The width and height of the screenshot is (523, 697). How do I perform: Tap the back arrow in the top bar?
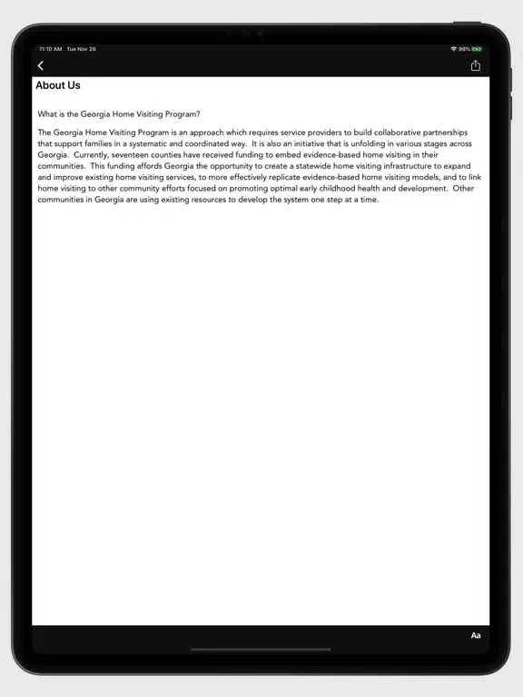click(41, 65)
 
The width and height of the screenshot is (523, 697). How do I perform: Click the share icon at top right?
click(475, 65)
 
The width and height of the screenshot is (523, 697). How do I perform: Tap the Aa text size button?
click(476, 635)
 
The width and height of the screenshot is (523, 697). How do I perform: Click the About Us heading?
click(58, 86)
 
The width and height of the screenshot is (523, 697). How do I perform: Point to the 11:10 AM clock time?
click(50, 49)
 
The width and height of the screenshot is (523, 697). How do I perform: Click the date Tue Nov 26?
click(81, 49)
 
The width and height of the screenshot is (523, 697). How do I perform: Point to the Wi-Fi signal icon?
click(453, 49)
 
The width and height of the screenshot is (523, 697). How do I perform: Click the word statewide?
click(317, 166)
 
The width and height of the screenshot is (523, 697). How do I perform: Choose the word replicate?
click(285, 177)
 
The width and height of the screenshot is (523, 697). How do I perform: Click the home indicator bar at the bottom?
click(261, 649)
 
